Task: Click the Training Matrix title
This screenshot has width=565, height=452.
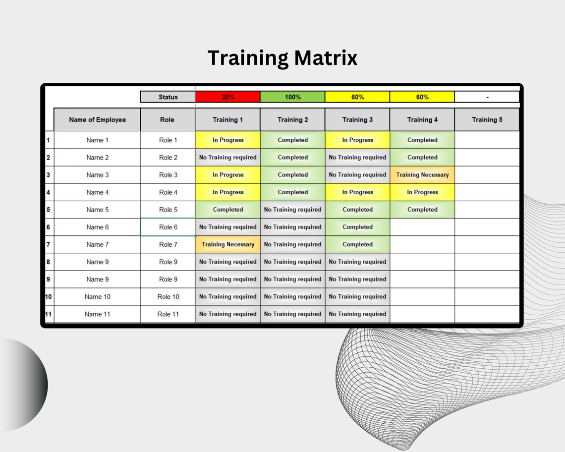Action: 282,58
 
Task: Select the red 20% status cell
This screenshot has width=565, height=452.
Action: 227,97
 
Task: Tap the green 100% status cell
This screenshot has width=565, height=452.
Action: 292,97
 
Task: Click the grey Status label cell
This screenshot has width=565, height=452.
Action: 168,97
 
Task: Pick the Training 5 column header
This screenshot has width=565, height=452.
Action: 487,119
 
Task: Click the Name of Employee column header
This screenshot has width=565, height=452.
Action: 97,119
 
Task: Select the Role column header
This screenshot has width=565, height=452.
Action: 168,119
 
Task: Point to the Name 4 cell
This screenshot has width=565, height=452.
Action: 97,192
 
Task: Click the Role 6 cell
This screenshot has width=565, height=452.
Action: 168,227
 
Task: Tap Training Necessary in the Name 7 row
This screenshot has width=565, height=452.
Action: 227,244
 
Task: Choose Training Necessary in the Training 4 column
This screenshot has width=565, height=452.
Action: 422,175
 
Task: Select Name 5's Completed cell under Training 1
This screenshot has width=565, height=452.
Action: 227,210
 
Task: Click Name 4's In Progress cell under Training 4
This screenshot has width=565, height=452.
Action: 422,192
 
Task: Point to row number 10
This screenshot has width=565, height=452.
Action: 48,297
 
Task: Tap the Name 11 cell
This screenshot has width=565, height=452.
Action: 97,314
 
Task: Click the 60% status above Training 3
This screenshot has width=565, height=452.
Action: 357,97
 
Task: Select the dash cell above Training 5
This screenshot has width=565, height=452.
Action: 487,97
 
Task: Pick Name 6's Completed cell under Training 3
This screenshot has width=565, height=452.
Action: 357,227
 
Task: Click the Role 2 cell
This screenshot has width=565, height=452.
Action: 168,158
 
